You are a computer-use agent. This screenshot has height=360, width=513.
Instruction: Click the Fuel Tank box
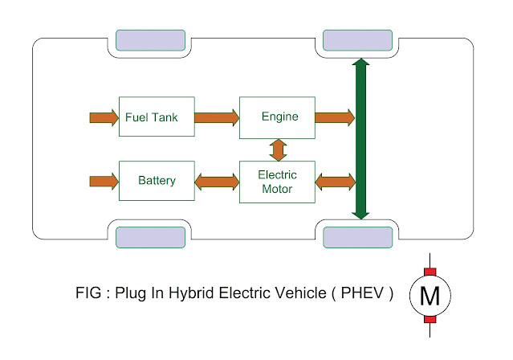157,117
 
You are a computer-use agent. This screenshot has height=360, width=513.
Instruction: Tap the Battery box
157,181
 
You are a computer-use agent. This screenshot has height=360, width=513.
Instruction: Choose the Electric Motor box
278,182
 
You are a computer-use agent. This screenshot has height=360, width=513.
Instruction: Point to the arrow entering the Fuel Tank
103,118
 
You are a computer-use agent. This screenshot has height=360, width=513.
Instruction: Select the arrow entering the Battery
103,181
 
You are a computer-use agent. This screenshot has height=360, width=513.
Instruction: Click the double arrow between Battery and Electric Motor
217,182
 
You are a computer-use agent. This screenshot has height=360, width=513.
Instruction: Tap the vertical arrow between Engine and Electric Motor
278,149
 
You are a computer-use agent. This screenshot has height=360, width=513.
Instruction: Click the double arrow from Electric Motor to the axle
335,182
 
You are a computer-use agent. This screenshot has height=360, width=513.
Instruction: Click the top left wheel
150,39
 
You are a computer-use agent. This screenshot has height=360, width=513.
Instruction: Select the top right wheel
357,39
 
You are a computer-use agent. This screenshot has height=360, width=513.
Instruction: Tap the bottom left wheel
150,237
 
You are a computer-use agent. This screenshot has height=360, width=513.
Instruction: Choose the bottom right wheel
357,237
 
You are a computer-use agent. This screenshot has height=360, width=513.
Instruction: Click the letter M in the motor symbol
430,297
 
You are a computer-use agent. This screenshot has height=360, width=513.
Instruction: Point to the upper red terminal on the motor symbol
430,272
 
